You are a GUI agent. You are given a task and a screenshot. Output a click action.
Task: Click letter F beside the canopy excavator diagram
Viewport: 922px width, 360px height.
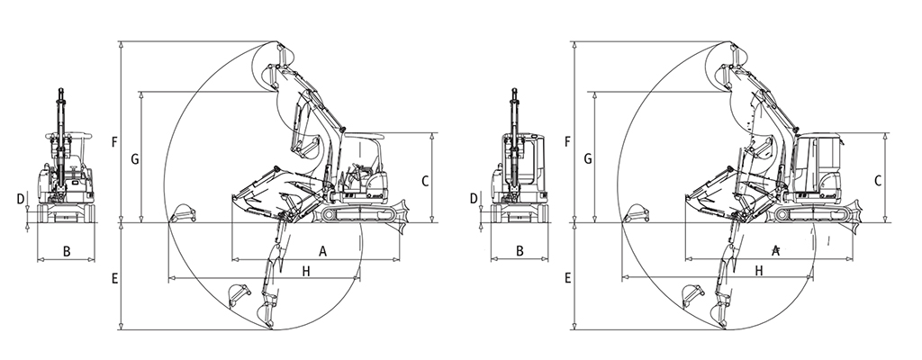click(x=113, y=142)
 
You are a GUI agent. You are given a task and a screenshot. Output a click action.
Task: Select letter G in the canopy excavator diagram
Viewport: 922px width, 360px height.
click(x=134, y=159)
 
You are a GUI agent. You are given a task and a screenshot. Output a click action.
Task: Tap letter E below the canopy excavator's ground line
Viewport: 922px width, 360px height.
click(x=113, y=279)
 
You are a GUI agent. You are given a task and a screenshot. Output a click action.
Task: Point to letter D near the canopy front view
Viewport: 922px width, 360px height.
click(x=20, y=198)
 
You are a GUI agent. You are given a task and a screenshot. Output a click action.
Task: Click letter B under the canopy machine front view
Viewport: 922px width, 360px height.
click(x=67, y=251)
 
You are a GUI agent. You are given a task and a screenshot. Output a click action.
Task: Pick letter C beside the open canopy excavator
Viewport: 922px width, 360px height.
click(x=424, y=180)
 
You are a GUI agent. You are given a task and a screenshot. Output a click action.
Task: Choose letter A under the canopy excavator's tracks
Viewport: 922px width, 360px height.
click(x=322, y=248)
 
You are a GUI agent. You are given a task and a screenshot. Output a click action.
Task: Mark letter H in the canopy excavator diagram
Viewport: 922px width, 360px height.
click(x=306, y=270)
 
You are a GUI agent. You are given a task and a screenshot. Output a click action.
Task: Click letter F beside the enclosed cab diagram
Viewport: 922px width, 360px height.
click(x=566, y=142)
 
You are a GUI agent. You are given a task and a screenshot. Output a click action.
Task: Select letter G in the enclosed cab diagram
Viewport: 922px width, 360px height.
click(x=588, y=159)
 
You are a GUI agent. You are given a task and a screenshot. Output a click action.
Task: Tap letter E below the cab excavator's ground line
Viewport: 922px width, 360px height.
click(x=567, y=279)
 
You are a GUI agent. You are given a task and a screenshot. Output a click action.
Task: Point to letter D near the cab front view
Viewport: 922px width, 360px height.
click(x=474, y=198)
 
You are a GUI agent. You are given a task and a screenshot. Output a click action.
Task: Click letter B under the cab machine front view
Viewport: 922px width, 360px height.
click(x=520, y=251)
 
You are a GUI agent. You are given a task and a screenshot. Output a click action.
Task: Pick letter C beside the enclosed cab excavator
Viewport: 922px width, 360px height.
click(x=878, y=180)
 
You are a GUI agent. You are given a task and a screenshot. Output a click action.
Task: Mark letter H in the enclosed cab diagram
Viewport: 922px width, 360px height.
click(x=760, y=270)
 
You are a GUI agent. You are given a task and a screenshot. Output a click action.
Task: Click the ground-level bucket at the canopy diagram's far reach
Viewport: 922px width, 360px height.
click(x=184, y=214)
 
